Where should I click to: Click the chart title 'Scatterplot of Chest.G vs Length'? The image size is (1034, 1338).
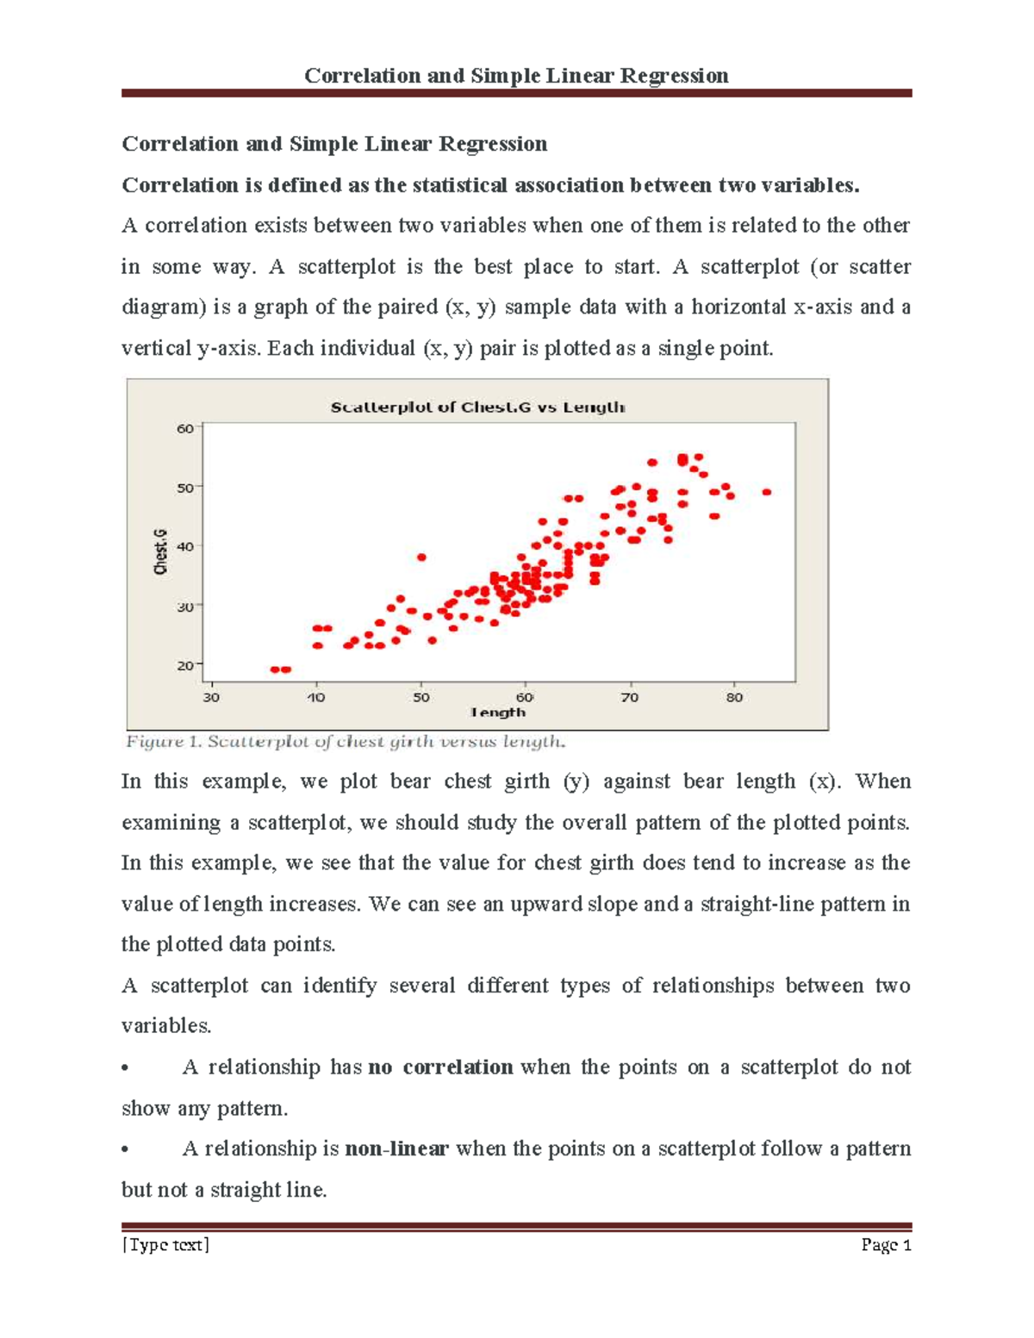[477, 408]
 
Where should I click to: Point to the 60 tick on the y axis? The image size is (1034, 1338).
[185, 428]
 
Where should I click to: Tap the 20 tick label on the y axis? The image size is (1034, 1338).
[185, 665]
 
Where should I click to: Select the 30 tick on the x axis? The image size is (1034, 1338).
[211, 697]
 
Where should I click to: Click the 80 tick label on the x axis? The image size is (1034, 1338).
[734, 697]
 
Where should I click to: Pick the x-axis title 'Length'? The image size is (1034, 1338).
[497, 713]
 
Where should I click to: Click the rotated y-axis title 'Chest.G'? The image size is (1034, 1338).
[161, 552]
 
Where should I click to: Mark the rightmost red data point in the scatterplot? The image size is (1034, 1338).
[767, 492]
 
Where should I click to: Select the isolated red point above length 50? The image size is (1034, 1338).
[421, 557]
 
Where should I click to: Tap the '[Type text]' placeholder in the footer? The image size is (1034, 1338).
[166, 1244]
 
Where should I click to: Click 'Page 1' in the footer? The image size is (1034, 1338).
[886, 1244]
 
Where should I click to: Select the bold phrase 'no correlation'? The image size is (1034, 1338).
[440, 1067]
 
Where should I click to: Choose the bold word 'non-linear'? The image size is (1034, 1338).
[396, 1148]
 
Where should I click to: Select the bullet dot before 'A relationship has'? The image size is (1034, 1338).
[126, 1068]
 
